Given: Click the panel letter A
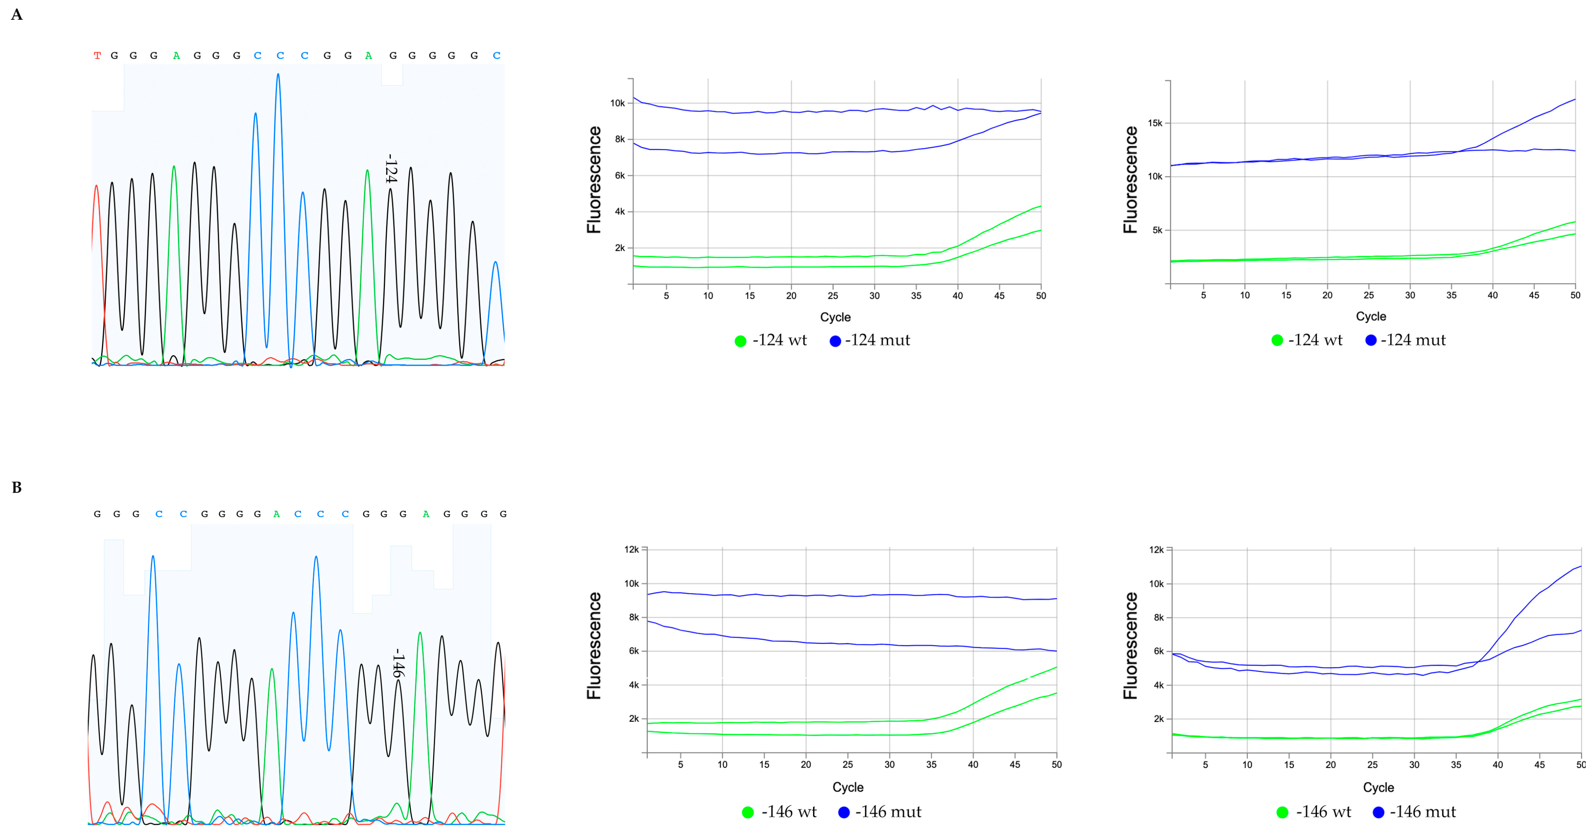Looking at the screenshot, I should [x=17, y=15].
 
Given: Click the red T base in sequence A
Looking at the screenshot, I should [x=97, y=56].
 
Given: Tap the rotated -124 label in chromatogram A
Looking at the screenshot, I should [x=390, y=168].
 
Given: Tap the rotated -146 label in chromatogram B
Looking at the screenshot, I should [x=398, y=663].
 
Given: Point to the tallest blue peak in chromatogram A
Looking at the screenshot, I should [x=278, y=77].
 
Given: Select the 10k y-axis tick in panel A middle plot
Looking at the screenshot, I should [x=617, y=103].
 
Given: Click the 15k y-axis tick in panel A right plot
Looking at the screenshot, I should [x=1155, y=123].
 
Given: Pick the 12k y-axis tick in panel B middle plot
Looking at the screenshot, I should [x=631, y=549].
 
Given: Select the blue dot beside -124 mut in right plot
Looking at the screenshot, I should [x=1371, y=340].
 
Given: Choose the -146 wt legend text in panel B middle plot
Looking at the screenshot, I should [x=789, y=812].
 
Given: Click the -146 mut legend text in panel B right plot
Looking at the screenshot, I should [x=1423, y=812].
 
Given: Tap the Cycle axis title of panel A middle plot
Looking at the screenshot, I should [x=835, y=317].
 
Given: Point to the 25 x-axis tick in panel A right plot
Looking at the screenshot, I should [x=1368, y=295].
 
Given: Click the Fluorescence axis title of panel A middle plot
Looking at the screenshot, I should [x=594, y=180].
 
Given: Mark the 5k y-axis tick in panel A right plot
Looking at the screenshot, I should [x=1157, y=231].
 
